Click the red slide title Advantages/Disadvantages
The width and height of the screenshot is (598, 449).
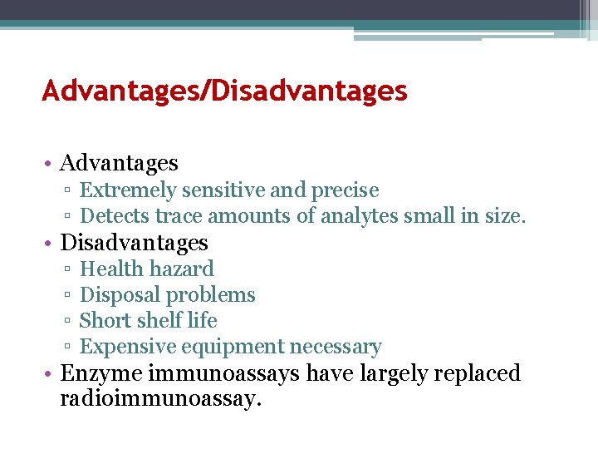224,91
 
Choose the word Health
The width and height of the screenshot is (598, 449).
110,269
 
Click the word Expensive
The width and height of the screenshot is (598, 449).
124,347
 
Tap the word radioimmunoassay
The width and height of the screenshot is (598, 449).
160,398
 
